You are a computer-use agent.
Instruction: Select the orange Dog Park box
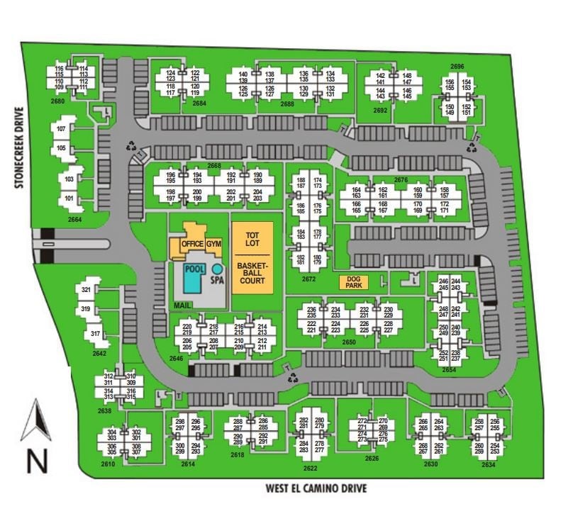pyautogui.click(x=354, y=282)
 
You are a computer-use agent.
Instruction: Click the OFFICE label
pyautogui.click(x=192, y=245)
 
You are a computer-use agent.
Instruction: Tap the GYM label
pyautogui.click(x=215, y=245)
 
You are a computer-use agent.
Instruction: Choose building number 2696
pyautogui.click(x=457, y=67)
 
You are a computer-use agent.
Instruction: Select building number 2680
pyautogui.click(x=58, y=101)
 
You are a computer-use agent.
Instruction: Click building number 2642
pyautogui.click(x=98, y=353)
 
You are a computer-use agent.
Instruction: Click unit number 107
pyautogui.click(x=61, y=128)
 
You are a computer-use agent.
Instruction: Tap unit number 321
pyautogui.click(x=86, y=290)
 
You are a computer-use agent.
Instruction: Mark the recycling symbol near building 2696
pyautogui.click(x=472, y=147)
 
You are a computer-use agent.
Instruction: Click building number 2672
pyautogui.click(x=308, y=279)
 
